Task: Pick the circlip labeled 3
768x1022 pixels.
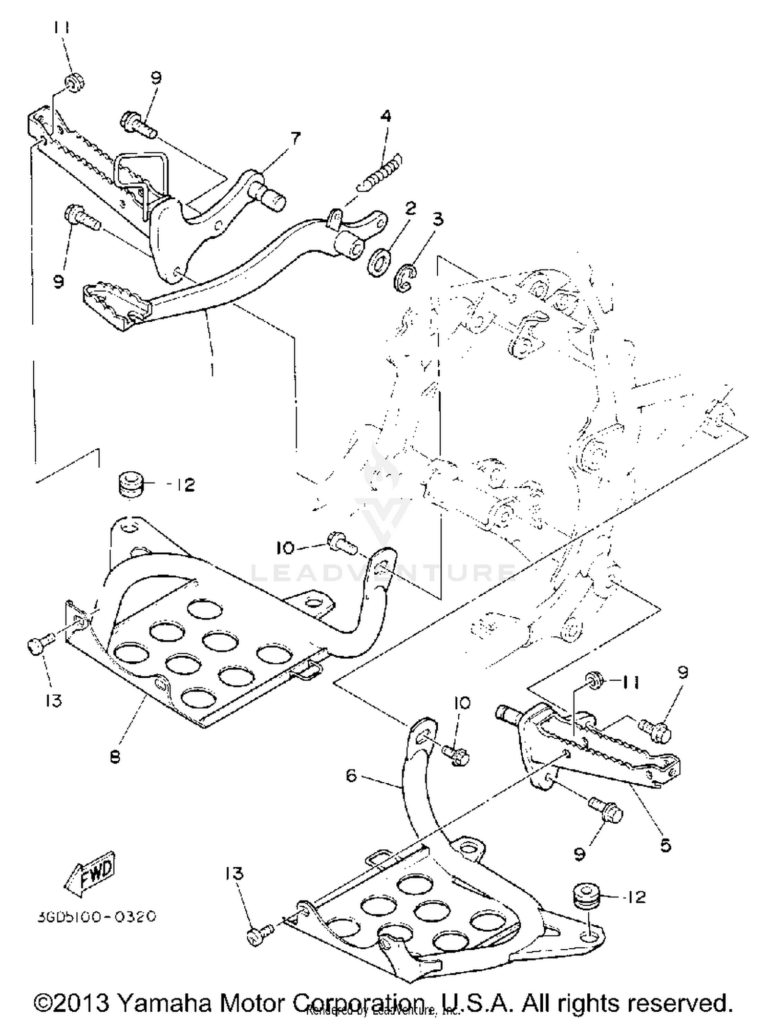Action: click(x=406, y=280)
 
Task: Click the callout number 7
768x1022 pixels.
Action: click(x=295, y=138)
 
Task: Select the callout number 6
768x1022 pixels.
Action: click(x=351, y=776)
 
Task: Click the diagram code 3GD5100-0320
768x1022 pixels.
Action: click(x=96, y=916)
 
